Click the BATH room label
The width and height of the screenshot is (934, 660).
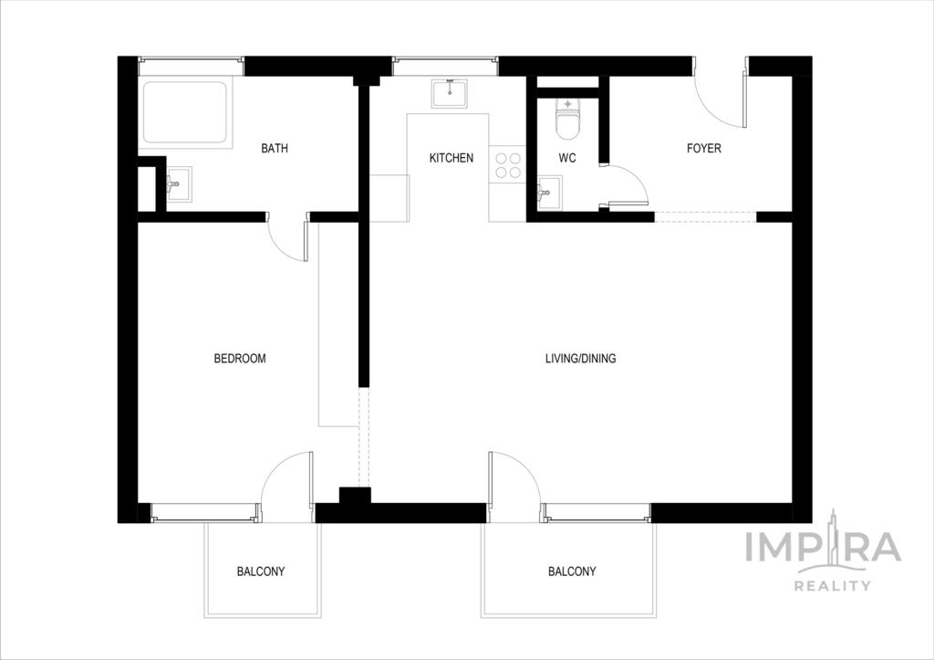click(275, 148)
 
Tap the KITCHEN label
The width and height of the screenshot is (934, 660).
click(451, 158)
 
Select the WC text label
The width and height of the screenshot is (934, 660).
click(567, 158)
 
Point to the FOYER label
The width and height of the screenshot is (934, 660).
click(704, 148)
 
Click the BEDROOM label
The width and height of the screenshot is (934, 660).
click(240, 359)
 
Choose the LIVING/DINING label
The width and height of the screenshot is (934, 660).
click(581, 359)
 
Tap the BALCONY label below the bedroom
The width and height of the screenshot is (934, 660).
click(261, 571)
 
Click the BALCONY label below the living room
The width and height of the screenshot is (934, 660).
click(572, 571)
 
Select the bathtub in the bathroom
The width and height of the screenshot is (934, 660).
click(184, 112)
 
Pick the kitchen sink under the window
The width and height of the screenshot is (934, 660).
click(450, 93)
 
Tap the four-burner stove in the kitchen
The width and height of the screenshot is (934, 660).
click(508, 165)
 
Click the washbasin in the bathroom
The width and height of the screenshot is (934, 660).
click(179, 184)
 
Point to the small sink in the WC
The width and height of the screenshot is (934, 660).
click(549, 194)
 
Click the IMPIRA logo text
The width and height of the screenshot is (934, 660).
click(824, 548)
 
